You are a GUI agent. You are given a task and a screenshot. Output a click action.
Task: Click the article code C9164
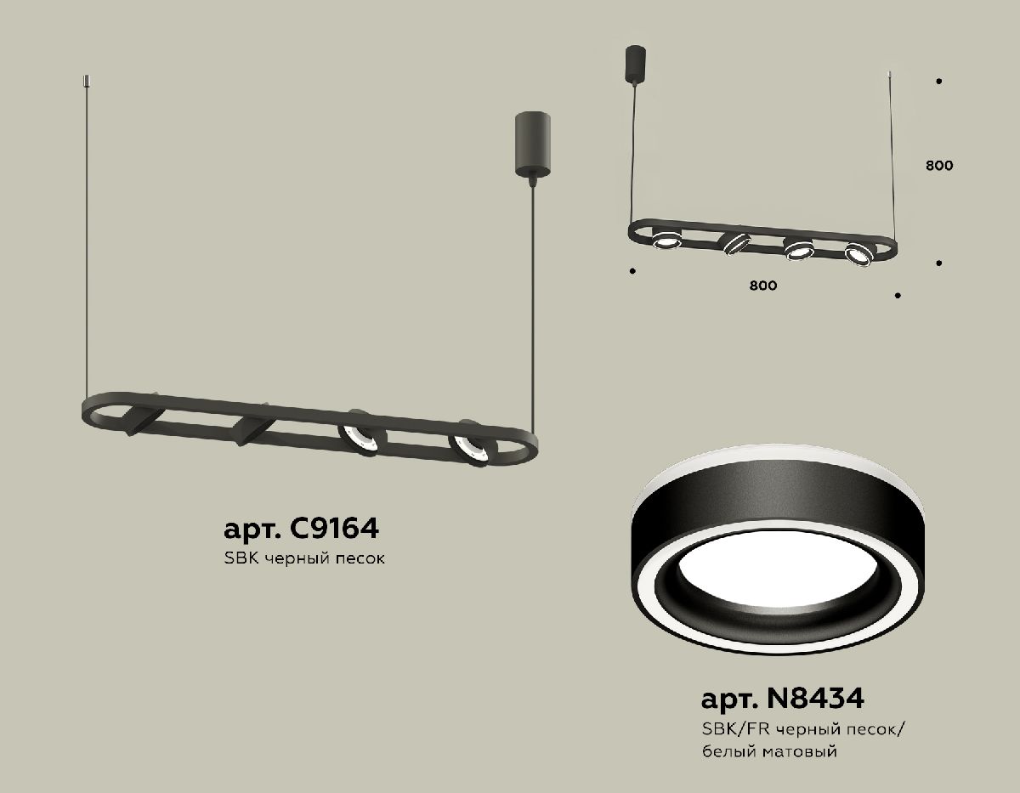tap(300, 530)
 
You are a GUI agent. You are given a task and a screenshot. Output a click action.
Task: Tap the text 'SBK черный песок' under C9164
tap(304, 560)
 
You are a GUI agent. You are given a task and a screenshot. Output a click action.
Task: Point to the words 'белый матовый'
tap(770, 751)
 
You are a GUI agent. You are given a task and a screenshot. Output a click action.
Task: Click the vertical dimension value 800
tap(938, 166)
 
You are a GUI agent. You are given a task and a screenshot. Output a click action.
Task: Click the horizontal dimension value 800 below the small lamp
tap(763, 286)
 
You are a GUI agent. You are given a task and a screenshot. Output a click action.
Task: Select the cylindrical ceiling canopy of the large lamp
tap(532, 143)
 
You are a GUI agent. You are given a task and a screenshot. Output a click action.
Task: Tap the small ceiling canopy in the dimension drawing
tap(635, 64)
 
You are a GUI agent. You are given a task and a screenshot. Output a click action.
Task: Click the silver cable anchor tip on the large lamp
tap(86, 81)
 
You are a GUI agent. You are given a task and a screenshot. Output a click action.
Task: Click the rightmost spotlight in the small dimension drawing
tap(858, 252)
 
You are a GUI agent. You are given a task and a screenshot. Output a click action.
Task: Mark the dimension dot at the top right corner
tap(938, 82)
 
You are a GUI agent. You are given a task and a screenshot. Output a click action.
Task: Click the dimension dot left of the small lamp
tap(632, 272)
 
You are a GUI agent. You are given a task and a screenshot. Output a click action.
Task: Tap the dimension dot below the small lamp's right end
tap(897, 296)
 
